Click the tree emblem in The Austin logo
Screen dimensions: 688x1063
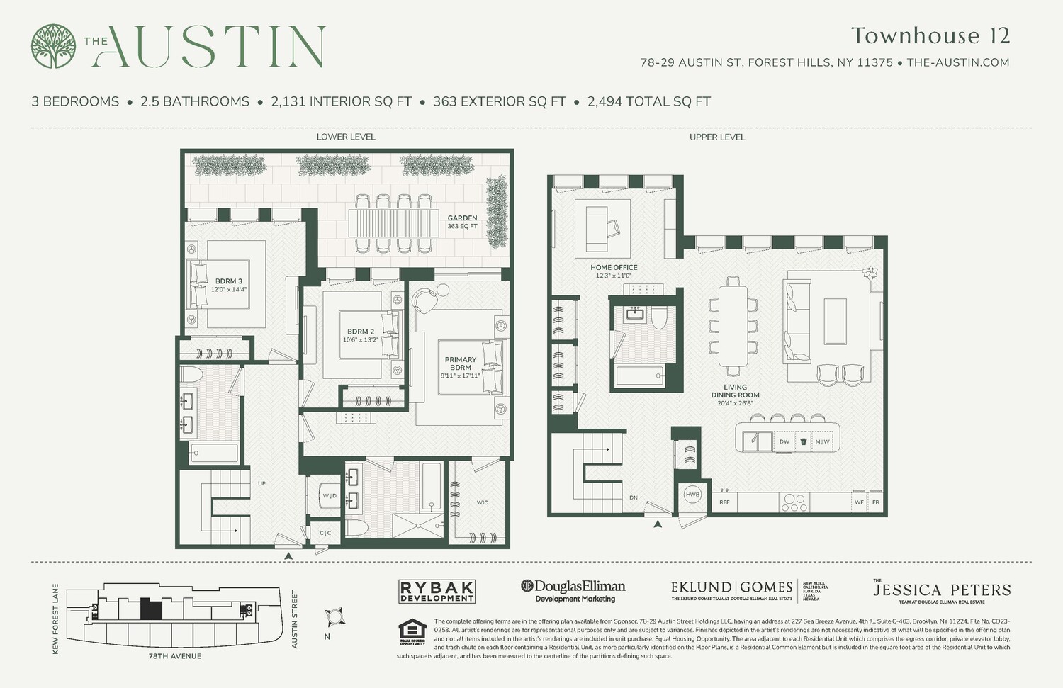[53, 47]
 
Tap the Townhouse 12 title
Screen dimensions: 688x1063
[930, 35]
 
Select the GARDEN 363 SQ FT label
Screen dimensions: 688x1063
[462, 222]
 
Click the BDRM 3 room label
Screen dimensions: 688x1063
[228, 285]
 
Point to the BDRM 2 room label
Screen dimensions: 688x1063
[361, 335]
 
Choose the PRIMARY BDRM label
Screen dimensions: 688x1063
[460, 367]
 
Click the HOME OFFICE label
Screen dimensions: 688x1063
[614, 271]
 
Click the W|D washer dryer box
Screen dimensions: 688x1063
[330, 495]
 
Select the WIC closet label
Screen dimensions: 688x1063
[482, 502]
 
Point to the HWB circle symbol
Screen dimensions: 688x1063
[692, 495]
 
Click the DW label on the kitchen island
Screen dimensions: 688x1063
[784, 441]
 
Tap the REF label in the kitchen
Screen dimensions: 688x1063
[724, 502]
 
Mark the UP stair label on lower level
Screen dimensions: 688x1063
[261, 483]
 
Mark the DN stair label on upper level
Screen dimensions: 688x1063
[633, 497]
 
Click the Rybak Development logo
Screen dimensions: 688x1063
[437, 591]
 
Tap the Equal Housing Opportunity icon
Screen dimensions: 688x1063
[412, 632]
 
